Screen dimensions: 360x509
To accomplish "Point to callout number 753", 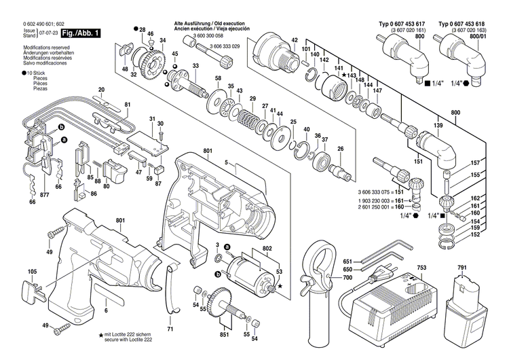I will [421, 268].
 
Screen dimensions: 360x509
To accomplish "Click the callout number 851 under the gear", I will [224, 335].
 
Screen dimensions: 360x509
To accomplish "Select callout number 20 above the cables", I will [101, 90].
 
